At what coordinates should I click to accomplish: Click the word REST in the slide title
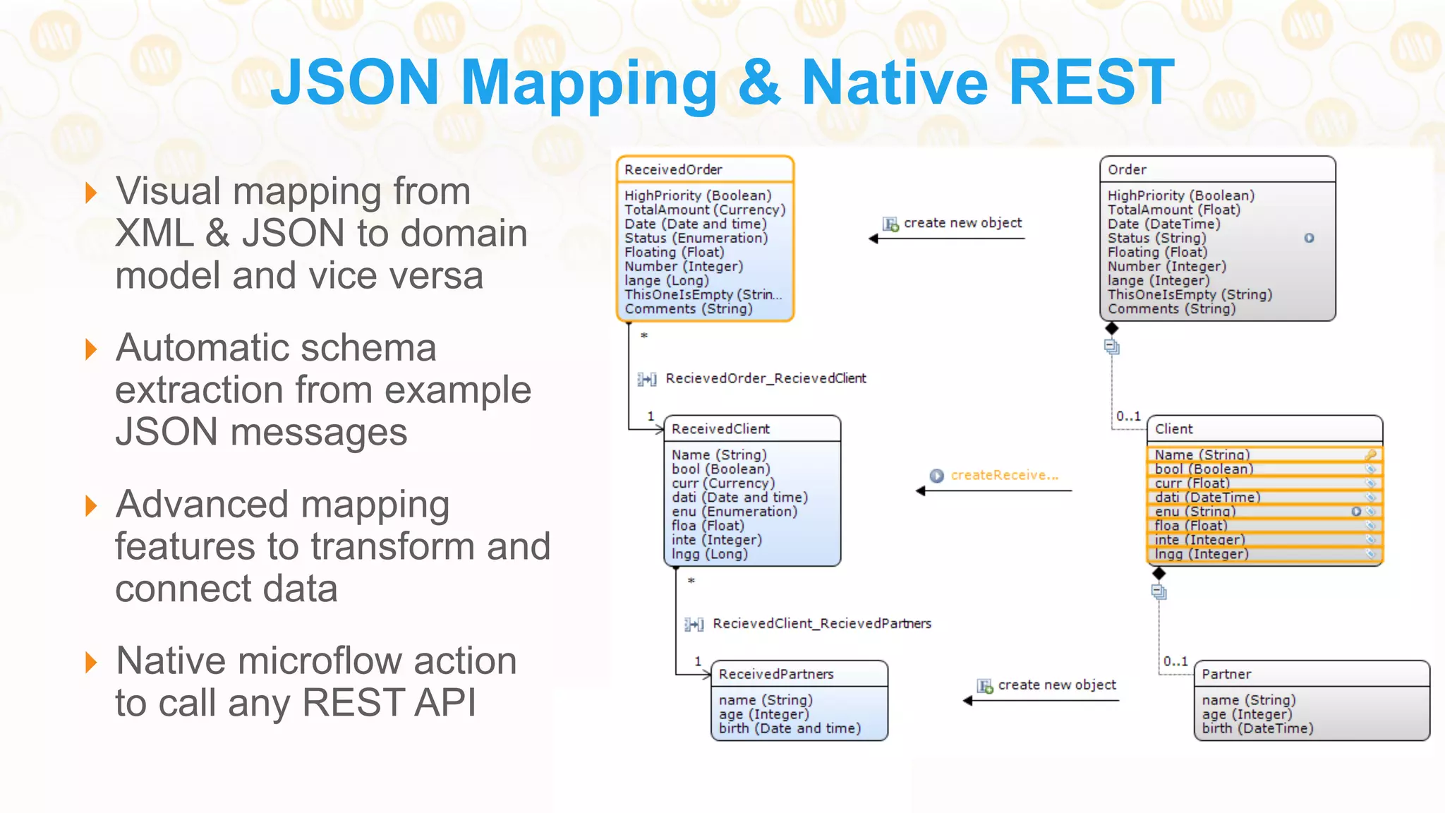[1092, 83]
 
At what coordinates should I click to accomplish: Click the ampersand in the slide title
[758, 83]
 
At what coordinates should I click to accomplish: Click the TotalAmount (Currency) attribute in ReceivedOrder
[704, 210]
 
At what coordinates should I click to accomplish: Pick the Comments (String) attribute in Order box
[1171, 308]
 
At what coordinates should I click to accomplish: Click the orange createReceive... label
[1004, 475]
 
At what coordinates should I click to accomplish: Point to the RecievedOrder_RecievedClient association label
[766, 378]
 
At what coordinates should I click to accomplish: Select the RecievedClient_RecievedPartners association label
[821, 624]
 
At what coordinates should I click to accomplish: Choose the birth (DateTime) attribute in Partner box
[1257, 728]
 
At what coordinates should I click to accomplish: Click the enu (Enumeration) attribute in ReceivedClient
[734, 512]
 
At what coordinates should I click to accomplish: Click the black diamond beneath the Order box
[1112, 328]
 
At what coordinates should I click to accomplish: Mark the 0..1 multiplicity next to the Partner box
[1175, 661]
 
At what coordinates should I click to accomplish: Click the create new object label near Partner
[1056, 685]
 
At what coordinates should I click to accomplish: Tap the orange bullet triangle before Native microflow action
[90, 662]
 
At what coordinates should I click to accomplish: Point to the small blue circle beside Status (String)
[1309, 238]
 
